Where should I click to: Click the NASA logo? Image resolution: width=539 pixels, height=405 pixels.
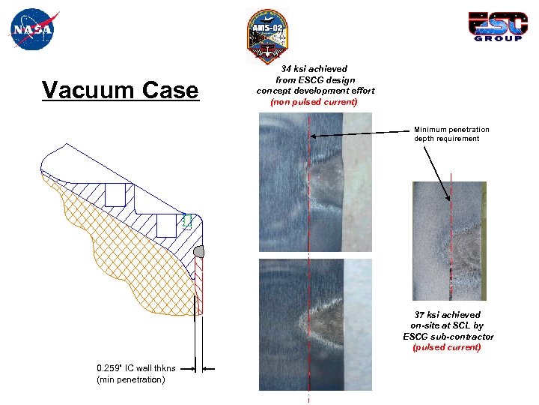pos(31,29)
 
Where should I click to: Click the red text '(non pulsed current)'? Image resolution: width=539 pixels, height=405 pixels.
pos(314,101)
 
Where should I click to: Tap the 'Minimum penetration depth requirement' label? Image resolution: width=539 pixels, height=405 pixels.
pos(451,133)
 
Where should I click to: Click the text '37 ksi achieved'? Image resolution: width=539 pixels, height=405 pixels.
pos(448,315)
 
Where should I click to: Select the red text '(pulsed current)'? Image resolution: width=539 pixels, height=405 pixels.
pos(448,347)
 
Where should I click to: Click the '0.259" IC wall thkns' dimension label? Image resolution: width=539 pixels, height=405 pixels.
pos(136,368)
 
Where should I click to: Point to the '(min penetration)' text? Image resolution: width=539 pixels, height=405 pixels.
pos(131,379)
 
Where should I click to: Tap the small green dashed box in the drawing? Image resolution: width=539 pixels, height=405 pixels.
pos(187,220)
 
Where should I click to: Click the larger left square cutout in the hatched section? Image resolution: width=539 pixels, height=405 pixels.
pos(115,195)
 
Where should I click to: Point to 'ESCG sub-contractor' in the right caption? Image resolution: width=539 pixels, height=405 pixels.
pos(448,337)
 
